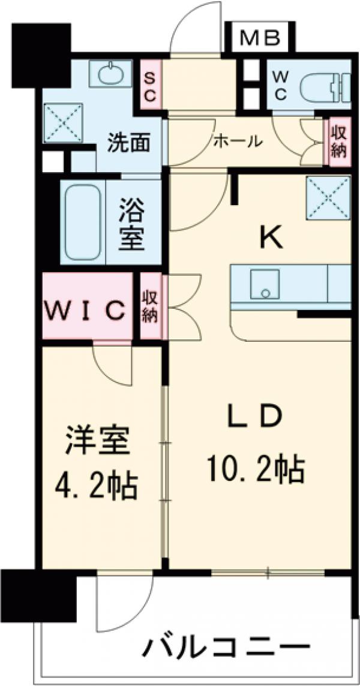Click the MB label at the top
(260, 38)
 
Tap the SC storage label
(150, 86)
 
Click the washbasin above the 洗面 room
(110, 75)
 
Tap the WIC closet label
(86, 311)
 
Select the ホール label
(238, 142)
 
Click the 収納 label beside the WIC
(149, 306)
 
